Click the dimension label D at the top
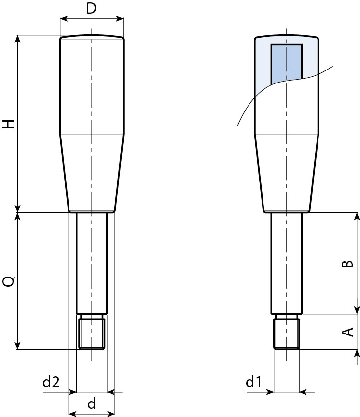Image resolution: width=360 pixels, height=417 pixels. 91,8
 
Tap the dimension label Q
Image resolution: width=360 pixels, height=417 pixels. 9,281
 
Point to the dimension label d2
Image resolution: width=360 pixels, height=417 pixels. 51,382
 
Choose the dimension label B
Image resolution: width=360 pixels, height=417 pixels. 347,264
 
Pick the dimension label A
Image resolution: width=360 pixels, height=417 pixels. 347,332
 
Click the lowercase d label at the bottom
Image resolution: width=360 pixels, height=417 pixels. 91,403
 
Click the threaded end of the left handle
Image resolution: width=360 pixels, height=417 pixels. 92,333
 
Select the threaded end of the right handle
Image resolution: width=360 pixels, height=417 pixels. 286,333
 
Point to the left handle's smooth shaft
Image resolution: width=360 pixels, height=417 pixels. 92,263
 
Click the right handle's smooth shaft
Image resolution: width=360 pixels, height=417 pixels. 286,263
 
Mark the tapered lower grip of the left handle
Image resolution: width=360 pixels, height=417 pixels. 92,171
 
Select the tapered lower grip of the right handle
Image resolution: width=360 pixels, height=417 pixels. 286,171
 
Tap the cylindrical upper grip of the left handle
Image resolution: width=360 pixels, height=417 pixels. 92,84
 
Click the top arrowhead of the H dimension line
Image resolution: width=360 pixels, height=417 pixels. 18,38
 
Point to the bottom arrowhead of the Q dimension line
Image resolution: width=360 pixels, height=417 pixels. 18,346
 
